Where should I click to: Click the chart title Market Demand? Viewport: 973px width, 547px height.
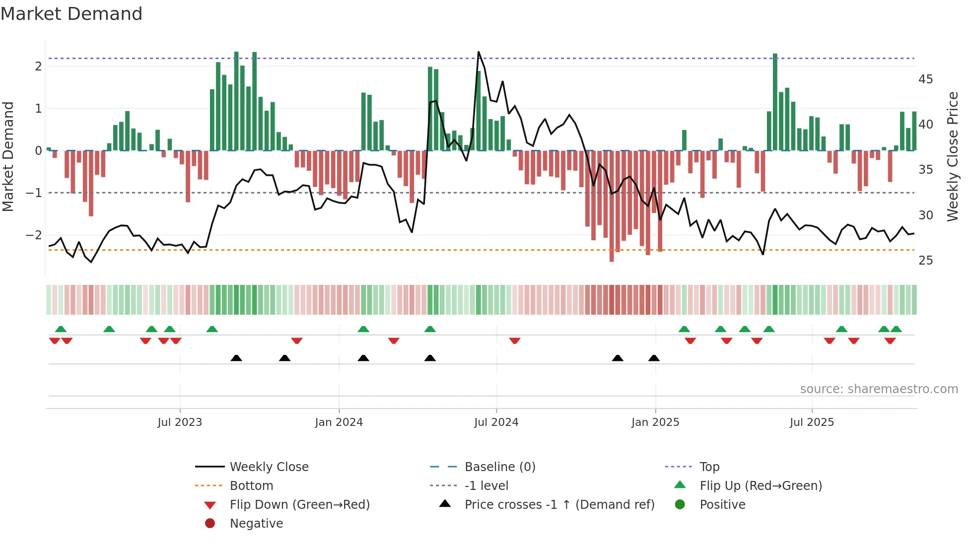click(71, 14)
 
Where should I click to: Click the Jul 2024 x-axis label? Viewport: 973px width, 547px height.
click(496, 422)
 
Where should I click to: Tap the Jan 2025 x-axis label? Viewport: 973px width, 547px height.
click(655, 422)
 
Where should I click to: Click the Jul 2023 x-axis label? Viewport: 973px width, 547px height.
click(180, 422)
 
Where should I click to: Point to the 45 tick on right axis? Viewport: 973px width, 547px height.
click(925, 79)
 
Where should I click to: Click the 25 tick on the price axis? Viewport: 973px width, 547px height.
click(925, 261)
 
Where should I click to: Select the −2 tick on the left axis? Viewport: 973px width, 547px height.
click(34, 235)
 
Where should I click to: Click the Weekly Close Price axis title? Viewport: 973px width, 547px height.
click(952, 156)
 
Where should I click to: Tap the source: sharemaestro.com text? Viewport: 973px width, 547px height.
click(879, 389)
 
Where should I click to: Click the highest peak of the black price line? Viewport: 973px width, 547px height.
click(479, 52)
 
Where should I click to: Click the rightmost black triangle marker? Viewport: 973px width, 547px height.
click(654, 358)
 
